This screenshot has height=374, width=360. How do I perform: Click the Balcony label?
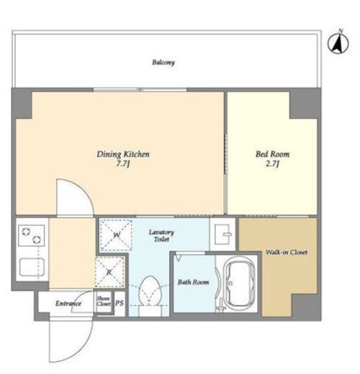163,63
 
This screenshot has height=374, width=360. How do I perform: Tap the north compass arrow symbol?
338,42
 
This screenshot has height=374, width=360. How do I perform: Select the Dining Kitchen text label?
123,154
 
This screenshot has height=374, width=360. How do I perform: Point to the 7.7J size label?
123,164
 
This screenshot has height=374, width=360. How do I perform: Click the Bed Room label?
272,154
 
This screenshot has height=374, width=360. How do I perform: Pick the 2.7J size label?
272,164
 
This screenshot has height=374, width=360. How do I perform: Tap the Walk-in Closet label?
287,252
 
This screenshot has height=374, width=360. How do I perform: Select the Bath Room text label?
193,282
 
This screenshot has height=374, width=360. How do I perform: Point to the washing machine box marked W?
116,234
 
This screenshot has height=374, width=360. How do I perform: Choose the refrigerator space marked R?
109,272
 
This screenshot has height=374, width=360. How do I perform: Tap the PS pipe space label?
120,304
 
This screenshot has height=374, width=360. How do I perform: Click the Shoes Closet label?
104,301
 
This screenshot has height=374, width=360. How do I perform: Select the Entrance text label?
68,304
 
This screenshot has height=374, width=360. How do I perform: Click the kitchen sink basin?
32,267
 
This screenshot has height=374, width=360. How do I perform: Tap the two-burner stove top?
32,235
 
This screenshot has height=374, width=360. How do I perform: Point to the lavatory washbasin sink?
222,234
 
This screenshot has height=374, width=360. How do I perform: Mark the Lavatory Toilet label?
161,236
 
